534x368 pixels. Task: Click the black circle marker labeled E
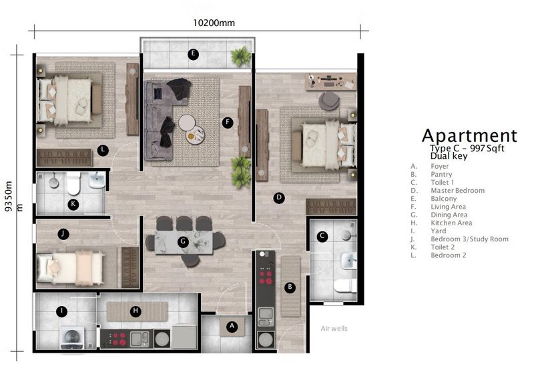pos(193,54)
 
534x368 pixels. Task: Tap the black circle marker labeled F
pos(228,122)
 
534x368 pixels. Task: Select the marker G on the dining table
pos(182,241)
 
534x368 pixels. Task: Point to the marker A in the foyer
pos(232,326)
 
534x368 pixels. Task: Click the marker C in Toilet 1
pos(322,235)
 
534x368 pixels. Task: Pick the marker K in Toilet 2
pos(73,204)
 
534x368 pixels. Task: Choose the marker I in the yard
pos(61,310)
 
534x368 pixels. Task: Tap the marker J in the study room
pos(62,233)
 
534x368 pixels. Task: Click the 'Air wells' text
pos(334,329)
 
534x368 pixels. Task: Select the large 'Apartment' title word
pos(469,136)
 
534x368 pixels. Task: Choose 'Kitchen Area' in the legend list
pos(451,223)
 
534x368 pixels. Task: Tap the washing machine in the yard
pos(72,337)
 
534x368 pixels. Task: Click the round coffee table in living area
pos(186,123)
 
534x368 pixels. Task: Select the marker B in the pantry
pos(290,287)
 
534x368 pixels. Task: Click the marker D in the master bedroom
pos(280,197)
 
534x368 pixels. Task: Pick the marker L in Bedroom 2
pos(102,150)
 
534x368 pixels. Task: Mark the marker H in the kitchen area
pos(136,310)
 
